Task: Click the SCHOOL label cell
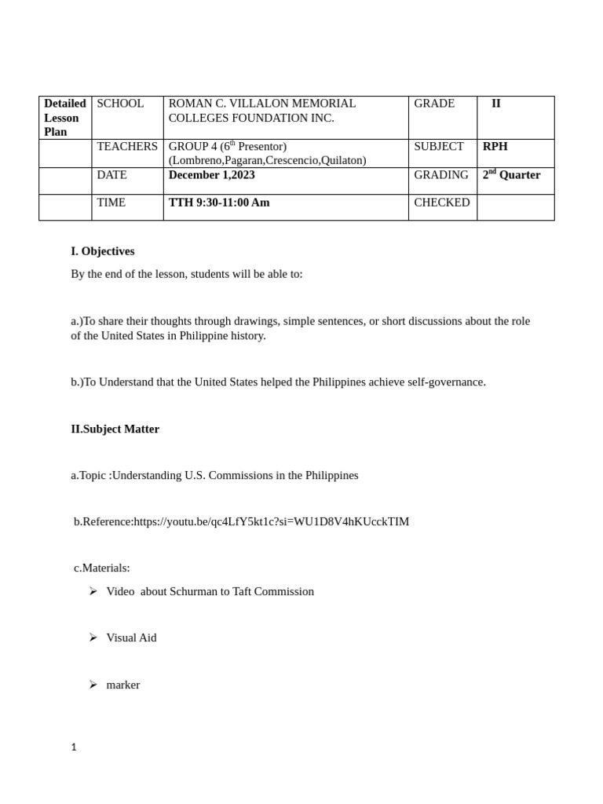(x=120, y=104)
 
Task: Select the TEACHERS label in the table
(x=126, y=147)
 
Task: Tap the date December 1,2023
(x=211, y=175)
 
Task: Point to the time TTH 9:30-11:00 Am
(x=218, y=203)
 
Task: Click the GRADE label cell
(x=434, y=104)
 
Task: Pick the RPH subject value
(x=495, y=147)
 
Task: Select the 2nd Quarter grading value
(x=511, y=175)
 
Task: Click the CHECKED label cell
(x=441, y=203)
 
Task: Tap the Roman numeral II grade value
(x=496, y=104)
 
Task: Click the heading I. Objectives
(x=103, y=251)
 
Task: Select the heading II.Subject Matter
(x=115, y=429)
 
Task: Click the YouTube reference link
(x=271, y=521)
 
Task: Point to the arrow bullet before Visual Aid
(x=93, y=638)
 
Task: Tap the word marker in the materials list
(x=123, y=685)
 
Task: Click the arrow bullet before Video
(x=93, y=591)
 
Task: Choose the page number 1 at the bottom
(x=74, y=747)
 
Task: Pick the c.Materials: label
(x=102, y=568)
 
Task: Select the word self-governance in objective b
(x=446, y=382)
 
